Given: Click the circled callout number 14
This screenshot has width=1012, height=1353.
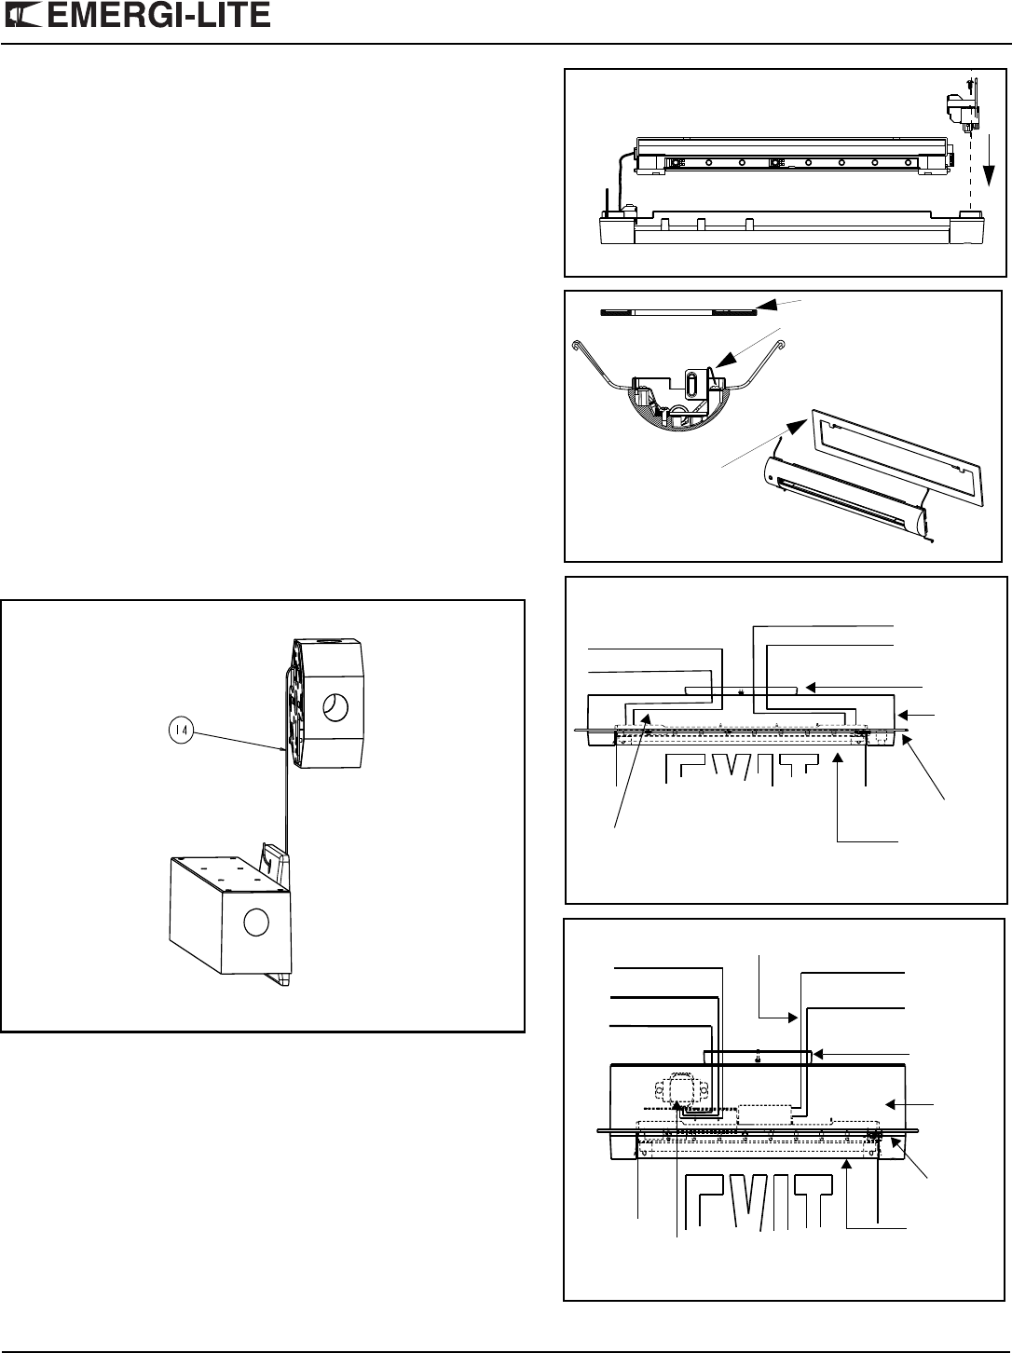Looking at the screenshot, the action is coord(181,731).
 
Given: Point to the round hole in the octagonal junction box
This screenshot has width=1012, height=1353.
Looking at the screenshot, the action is coord(336,706).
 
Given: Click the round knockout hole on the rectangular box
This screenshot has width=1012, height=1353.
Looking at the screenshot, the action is coord(256,922).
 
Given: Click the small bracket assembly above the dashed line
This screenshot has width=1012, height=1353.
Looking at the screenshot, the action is coord(964,110).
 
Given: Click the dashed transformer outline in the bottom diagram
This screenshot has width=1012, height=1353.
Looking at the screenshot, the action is coord(678,1092).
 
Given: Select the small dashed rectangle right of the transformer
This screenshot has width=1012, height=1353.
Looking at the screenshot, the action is coord(764,1113).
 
